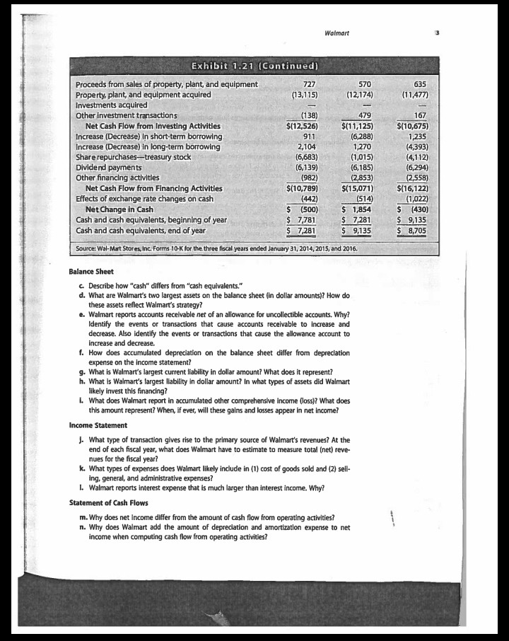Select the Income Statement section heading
coord(98,425)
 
